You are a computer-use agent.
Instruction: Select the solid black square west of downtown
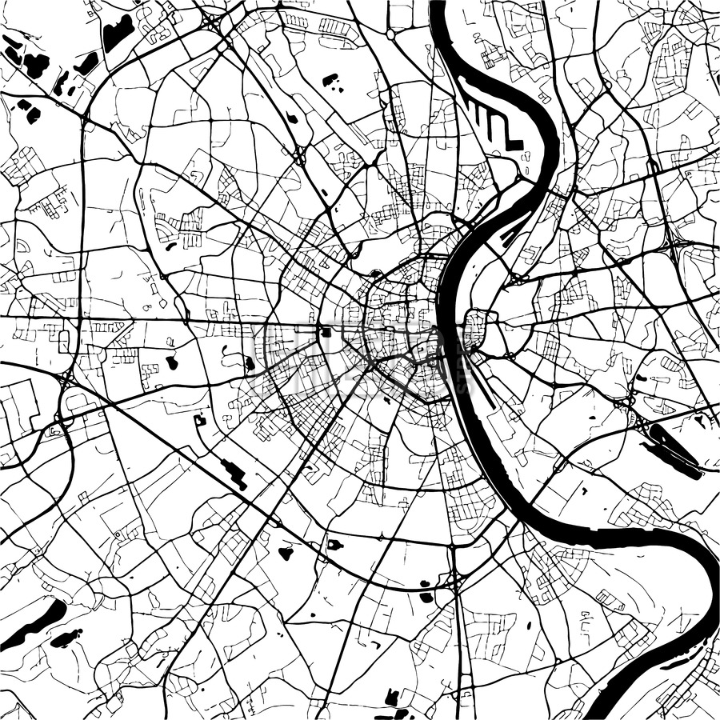click(326, 332)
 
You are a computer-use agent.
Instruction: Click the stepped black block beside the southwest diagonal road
click(234, 474)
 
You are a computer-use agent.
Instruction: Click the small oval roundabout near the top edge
click(390, 34)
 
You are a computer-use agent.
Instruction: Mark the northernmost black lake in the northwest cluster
click(118, 33)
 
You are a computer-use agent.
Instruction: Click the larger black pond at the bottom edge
click(392, 698)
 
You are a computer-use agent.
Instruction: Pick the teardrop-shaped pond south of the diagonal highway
click(286, 552)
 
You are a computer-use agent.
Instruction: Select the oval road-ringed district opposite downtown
click(474, 330)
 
